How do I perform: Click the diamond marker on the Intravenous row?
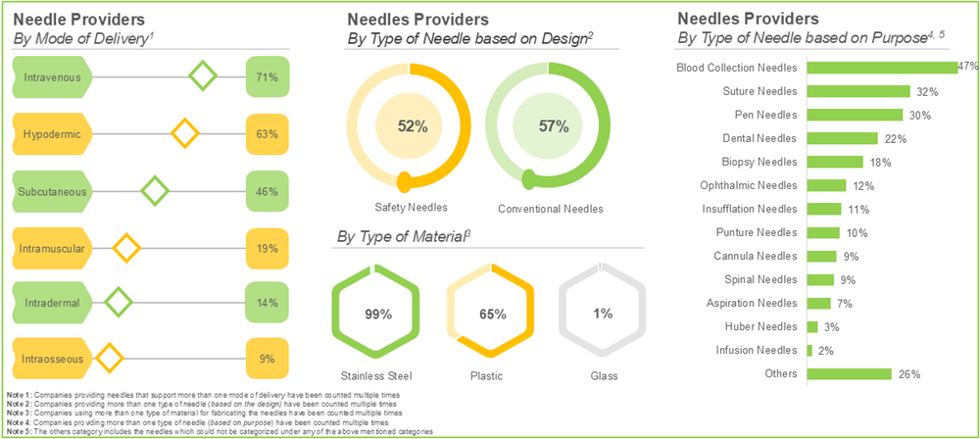[202, 75]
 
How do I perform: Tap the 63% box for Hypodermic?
[267, 133]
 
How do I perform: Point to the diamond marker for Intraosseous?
[108, 352]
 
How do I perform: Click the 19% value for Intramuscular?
[267, 249]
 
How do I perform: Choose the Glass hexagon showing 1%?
[602, 314]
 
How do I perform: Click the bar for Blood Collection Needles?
[881, 68]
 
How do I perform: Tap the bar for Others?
[848, 373]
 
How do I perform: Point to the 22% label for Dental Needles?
[895, 138]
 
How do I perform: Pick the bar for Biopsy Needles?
[834, 162]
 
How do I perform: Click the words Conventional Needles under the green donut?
[550, 209]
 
